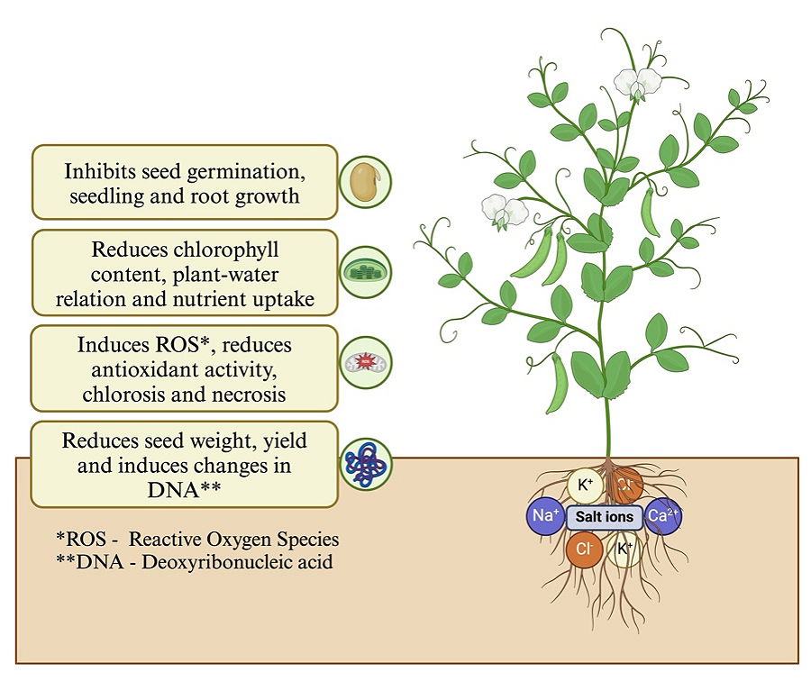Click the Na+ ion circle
(544, 517)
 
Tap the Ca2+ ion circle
(664, 517)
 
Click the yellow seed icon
(365, 182)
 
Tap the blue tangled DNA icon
(365, 464)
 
